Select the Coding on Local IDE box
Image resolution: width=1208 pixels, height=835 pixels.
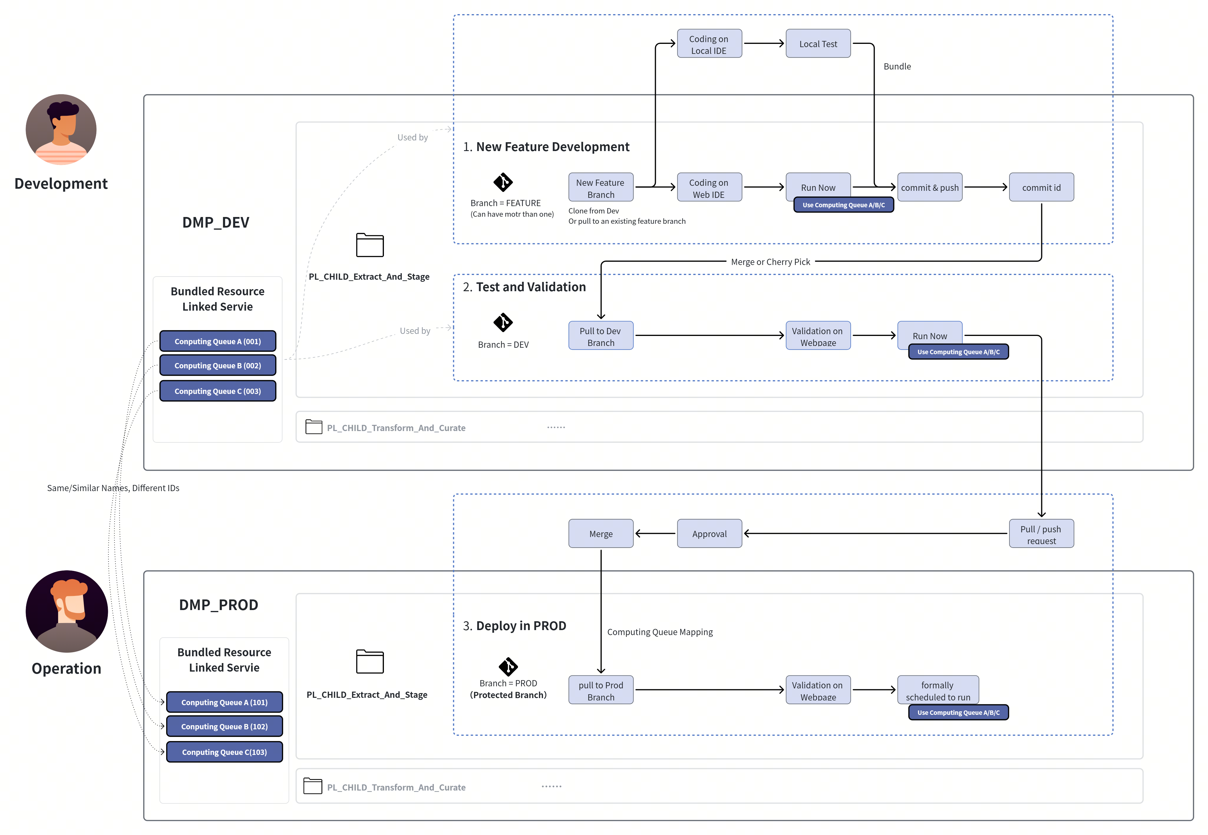click(x=709, y=43)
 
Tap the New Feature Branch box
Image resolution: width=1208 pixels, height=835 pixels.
click(x=601, y=187)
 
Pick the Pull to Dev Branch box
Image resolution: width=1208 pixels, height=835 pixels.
click(x=601, y=335)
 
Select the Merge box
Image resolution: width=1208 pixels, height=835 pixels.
click(x=601, y=534)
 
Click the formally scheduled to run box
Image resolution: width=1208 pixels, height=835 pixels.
click(x=938, y=690)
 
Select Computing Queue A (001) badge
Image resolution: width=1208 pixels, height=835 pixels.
click(x=218, y=341)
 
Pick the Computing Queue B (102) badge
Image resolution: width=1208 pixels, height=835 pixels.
click(x=225, y=726)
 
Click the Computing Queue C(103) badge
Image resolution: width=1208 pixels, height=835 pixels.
click(x=225, y=752)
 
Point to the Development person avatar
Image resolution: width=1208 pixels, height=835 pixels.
click(x=61, y=130)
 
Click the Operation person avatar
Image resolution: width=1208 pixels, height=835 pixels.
click(x=67, y=611)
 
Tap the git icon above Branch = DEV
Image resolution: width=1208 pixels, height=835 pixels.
click(x=503, y=322)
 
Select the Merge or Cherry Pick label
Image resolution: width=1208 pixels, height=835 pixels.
click(x=770, y=261)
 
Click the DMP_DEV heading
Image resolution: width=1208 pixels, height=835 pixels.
click(x=216, y=222)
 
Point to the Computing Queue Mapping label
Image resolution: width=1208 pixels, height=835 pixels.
click(x=660, y=632)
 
